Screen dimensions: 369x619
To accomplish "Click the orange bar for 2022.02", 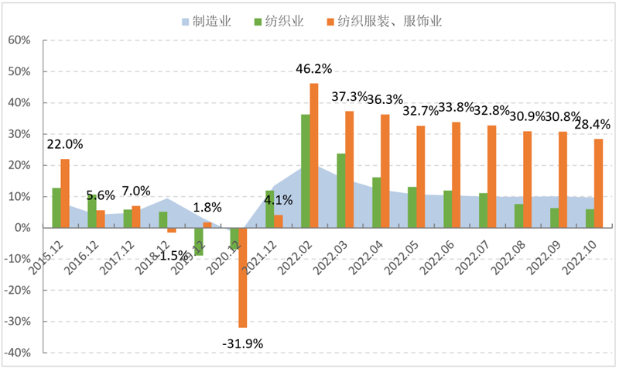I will [313, 155].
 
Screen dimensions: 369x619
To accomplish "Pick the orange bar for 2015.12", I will [65, 193].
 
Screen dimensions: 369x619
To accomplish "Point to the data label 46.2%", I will [313, 69].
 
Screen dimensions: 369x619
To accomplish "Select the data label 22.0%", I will [65, 144].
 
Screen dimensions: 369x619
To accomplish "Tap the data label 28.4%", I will [596, 125].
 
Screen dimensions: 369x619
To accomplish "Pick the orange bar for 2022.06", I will [456, 174].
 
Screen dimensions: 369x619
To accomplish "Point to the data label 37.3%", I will [349, 96].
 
